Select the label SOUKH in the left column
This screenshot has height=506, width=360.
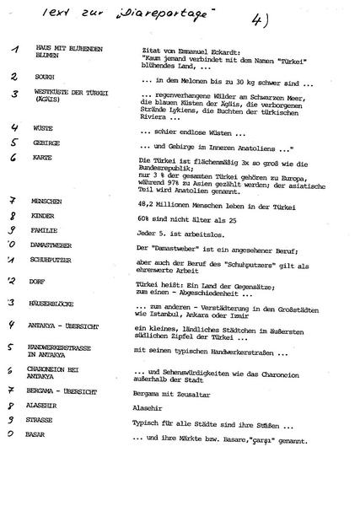(x=45, y=76)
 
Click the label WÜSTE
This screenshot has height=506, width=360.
(x=44, y=128)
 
